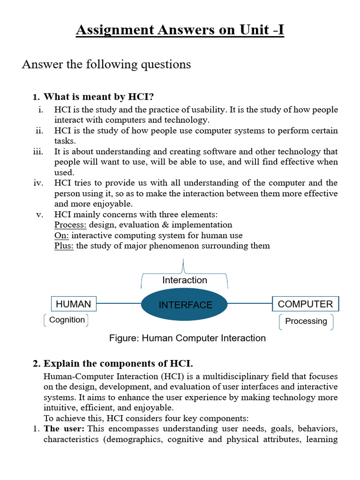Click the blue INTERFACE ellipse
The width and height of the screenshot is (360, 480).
(x=185, y=305)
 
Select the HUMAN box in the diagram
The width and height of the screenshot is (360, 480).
(x=74, y=304)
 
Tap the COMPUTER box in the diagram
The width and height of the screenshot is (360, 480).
(x=305, y=304)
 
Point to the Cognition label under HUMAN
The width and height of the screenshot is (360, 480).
(x=67, y=320)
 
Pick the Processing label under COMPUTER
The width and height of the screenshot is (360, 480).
(x=306, y=321)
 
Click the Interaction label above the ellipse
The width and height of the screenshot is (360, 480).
(x=185, y=280)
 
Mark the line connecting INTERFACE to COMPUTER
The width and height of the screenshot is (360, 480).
(x=250, y=304)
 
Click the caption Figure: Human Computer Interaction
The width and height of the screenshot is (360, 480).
(x=187, y=338)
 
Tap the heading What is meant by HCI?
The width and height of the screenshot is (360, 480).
(x=98, y=97)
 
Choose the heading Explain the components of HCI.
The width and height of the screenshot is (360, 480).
(x=118, y=364)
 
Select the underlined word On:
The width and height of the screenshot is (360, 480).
(x=61, y=235)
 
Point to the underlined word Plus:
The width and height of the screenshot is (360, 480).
(x=64, y=246)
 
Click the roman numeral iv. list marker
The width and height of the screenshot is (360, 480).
(x=38, y=183)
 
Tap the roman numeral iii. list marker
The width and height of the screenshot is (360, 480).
(x=38, y=152)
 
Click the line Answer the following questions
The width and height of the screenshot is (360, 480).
(x=106, y=64)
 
